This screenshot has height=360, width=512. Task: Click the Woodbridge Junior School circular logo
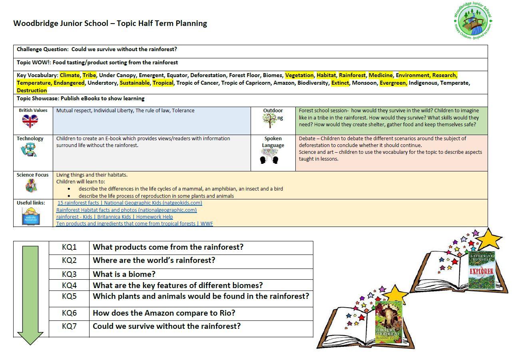(473, 20)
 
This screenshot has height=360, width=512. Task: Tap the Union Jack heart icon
(30, 121)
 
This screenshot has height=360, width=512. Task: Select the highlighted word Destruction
(32, 90)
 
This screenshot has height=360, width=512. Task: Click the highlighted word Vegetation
(299, 75)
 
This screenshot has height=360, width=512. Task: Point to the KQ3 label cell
(69, 274)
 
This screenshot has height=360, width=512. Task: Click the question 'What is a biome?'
(124, 274)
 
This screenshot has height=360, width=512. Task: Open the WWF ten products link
(135, 223)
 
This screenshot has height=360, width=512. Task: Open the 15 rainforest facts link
(130, 203)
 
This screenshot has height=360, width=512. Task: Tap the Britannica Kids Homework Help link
(115, 217)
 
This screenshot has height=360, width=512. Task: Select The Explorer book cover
(481, 270)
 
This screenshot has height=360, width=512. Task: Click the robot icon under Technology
(28, 151)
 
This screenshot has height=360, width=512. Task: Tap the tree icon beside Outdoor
(270, 120)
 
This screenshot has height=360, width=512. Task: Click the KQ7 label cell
(69, 326)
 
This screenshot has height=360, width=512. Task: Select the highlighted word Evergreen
(393, 83)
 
